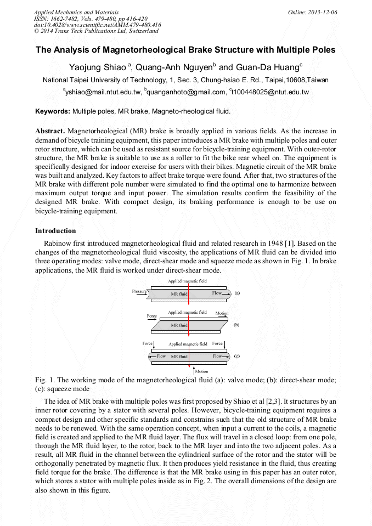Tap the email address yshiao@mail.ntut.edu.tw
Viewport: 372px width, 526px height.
pyautogui.click(x=104, y=92)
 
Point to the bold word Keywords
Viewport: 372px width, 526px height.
pyautogui.click(x=53, y=111)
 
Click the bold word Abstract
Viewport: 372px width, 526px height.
pyautogui.click(x=50, y=131)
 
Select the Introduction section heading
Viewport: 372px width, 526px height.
pyautogui.click(x=55, y=231)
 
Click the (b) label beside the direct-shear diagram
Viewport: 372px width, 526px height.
pyautogui.click(x=236, y=325)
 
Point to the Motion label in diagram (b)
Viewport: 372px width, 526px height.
pyautogui.click(x=222, y=313)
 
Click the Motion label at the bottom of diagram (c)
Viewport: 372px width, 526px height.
pyautogui.click(x=201, y=371)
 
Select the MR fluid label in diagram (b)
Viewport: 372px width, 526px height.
pyautogui.click(x=179, y=325)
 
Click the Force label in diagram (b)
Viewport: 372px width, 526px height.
pyautogui.click(x=152, y=316)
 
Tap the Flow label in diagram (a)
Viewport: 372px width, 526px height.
pyautogui.click(x=217, y=293)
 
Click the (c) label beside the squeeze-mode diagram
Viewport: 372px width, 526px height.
pyautogui.click(x=236, y=356)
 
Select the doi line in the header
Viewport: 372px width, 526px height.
pyautogui.click(x=97, y=25)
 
